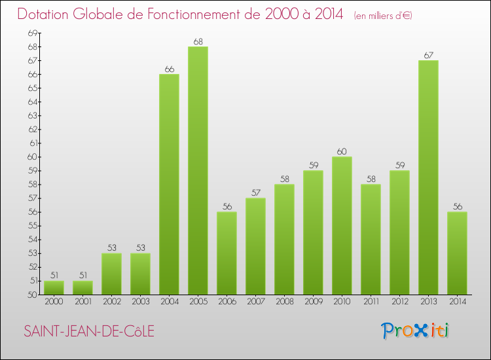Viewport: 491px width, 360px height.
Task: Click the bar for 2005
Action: pos(198,170)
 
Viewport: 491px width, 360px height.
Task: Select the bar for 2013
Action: pos(428,177)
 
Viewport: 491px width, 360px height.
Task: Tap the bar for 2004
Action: pos(169,184)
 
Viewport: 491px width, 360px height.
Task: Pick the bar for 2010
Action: pos(342,225)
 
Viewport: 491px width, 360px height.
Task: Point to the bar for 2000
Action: pos(54,287)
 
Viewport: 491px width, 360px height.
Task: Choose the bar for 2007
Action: pos(255,246)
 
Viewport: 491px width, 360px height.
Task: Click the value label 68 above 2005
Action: pos(198,42)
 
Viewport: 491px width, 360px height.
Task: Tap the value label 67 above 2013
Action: pos(428,56)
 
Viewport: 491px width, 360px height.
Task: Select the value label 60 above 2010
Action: pos(342,152)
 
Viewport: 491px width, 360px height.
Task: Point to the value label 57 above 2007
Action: pos(255,193)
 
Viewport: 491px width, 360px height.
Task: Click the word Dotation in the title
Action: pos(46,14)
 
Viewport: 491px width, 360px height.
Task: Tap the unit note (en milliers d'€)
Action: pos(383,16)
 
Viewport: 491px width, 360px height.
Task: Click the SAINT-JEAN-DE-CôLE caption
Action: pos(89,331)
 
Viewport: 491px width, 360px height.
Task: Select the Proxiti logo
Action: pos(416,331)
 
